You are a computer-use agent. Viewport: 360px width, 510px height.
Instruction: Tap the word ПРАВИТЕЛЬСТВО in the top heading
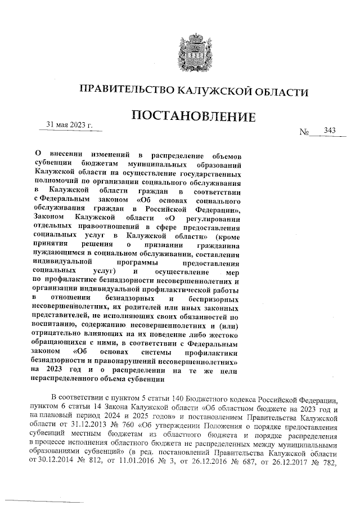click(x=125, y=90)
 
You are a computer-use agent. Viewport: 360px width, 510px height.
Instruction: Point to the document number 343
click(x=330, y=131)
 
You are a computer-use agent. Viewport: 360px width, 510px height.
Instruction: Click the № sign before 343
click(x=306, y=133)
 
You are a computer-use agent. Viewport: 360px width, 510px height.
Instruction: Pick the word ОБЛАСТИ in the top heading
click(x=280, y=90)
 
